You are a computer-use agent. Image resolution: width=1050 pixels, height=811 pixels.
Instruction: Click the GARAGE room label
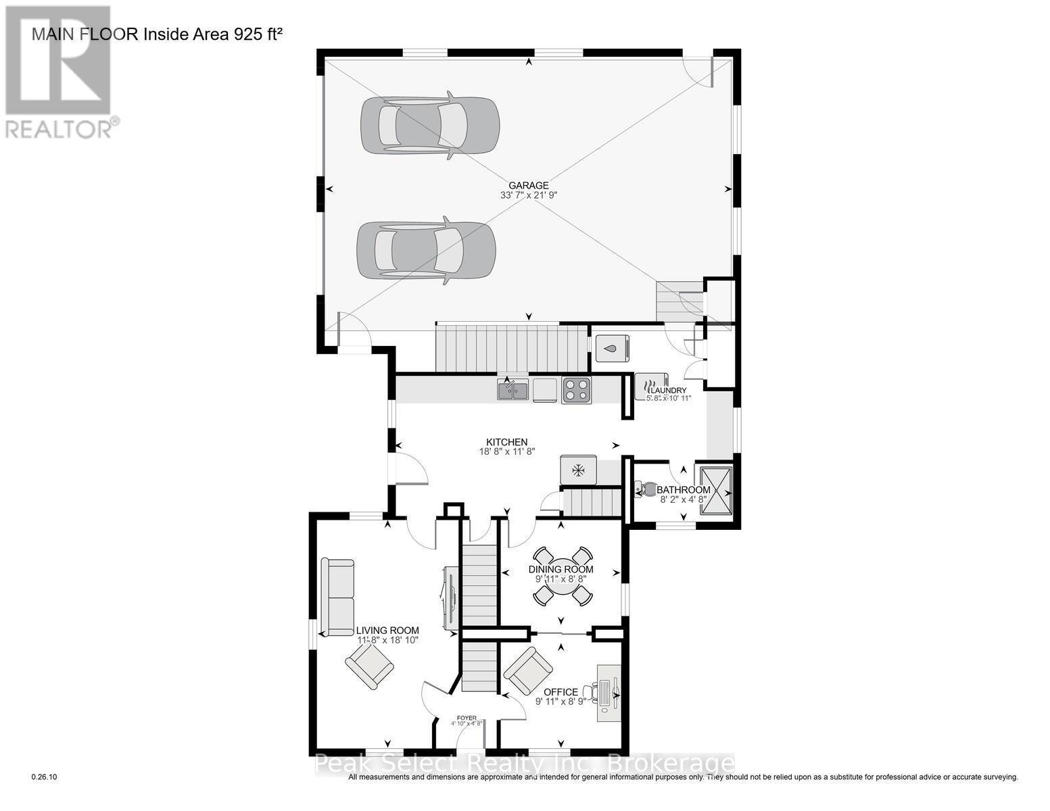pyautogui.click(x=529, y=185)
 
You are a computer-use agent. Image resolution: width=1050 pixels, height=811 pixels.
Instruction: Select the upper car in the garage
pyautogui.click(x=429, y=126)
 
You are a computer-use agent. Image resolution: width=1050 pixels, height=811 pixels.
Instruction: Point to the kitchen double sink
pyautogui.click(x=512, y=390)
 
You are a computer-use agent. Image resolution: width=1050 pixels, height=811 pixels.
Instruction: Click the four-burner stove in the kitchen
pyautogui.click(x=576, y=390)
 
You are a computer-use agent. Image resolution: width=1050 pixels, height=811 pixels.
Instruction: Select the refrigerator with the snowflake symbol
pyautogui.click(x=578, y=469)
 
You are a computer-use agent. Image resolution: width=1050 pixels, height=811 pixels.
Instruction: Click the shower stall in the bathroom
pyautogui.click(x=716, y=490)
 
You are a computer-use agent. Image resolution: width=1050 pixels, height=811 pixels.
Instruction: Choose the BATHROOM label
pyautogui.click(x=684, y=490)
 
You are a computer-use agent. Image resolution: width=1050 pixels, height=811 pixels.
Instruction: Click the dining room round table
pyautogui.click(x=560, y=576)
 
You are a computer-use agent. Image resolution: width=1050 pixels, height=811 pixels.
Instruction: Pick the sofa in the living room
pyautogui.click(x=337, y=597)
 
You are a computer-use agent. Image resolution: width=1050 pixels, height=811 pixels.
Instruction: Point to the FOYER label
pyautogui.click(x=467, y=718)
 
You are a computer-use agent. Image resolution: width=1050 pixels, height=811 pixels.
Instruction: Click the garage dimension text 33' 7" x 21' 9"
pyautogui.click(x=528, y=195)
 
